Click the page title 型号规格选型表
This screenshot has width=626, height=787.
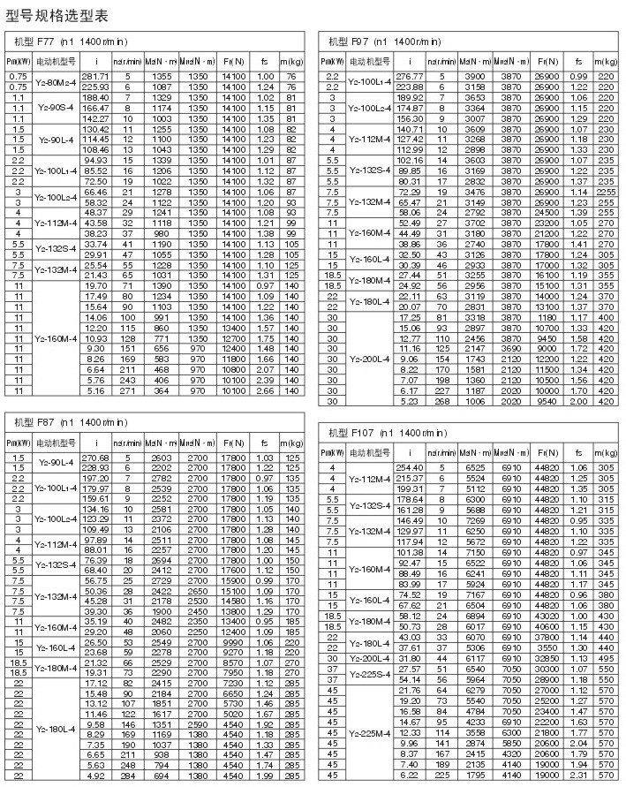pos(58,15)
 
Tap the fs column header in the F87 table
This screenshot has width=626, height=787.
pos(260,442)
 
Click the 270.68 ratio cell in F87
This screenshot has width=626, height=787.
pos(94,457)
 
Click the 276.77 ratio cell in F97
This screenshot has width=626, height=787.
pos(411,77)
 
